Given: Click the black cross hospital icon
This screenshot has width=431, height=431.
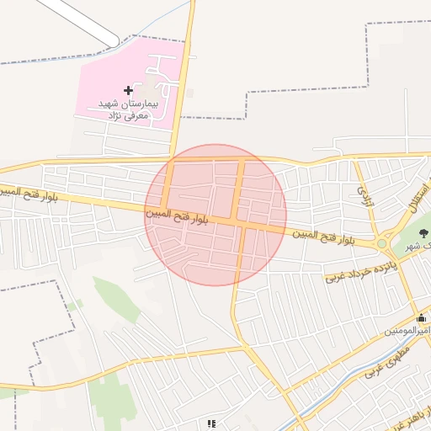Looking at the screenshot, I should click(x=128, y=90).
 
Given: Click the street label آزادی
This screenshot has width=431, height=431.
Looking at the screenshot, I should click(x=364, y=197).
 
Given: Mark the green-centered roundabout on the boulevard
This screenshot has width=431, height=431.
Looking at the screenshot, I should click(x=382, y=244).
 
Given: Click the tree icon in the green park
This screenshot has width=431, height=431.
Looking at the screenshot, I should click(x=422, y=230).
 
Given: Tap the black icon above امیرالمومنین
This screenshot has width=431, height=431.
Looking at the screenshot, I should click(x=421, y=318).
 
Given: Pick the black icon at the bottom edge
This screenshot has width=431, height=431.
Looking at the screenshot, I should click(x=211, y=424).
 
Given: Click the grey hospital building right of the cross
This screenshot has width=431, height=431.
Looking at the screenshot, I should click(x=152, y=88).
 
